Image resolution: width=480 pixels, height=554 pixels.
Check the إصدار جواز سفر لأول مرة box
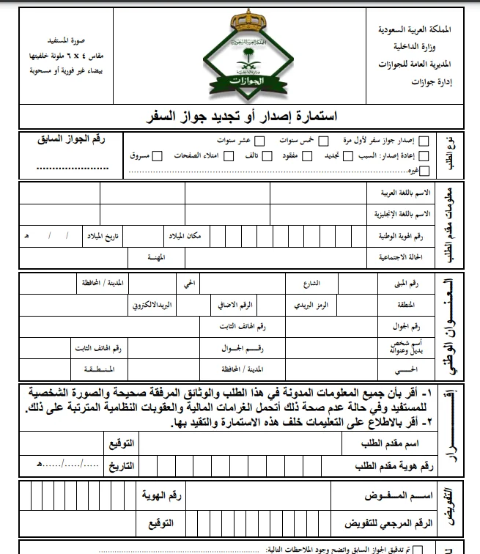click(x=429, y=139)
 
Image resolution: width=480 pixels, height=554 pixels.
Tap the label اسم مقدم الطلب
click(x=383, y=444)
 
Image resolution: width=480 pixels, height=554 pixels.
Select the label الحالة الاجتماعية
click(x=404, y=259)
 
